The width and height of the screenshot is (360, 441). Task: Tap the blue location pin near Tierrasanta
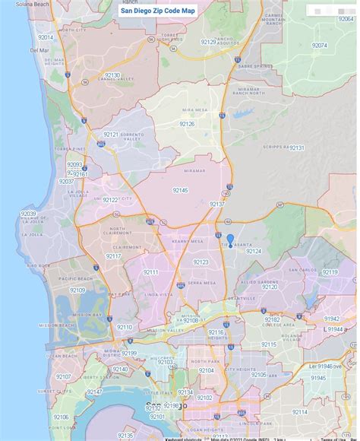pyautogui.click(x=230, y=240)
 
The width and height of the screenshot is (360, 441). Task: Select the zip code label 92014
pyautogui.click(x=46, y=37)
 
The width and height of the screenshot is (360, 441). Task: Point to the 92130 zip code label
pyautogui.click(x=112, y=75)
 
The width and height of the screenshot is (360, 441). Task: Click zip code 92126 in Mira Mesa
pyautogui.click(x=187, y=123)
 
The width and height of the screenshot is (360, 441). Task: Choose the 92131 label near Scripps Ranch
pyautogui.click(x=296, y=148)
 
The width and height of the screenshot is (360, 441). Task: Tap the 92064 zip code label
pyautogui.click(x=319, y=46)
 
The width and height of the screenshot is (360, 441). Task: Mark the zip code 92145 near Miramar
pyautogui.click(x=180, y=190)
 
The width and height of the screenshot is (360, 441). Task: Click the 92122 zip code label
pyautogui.click(x=110, y=200)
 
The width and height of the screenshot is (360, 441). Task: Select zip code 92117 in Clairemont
pyautogui.click(x=114, y=256)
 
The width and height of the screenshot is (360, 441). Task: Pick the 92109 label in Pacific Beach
pyautogui.click(x=77, y=290)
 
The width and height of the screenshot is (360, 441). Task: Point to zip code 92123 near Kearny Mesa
pyautogui.click(x=201, y=262)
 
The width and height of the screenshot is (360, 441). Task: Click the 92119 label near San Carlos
pyautogui.click(x=330, y=271)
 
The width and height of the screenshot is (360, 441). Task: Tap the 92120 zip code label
pyautogui.click(x=270, y=287)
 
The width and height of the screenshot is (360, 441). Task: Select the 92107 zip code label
pyautogui.click(x=63, y=376)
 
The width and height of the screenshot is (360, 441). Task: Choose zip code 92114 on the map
pyautogui.click(x=299, y=412)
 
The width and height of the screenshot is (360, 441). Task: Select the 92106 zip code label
pyautogui.click(x=61, y=417)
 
